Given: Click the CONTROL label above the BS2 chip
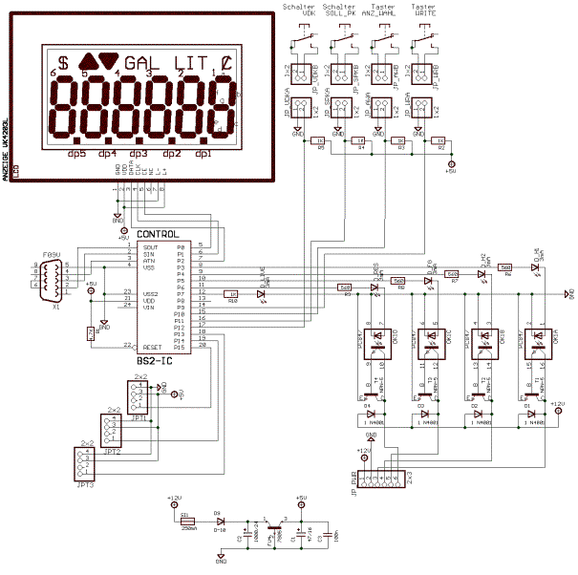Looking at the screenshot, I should tap(157, 234).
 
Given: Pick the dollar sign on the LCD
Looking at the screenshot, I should tap(64, 62).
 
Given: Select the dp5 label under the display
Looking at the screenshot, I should tap(77, 153).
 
